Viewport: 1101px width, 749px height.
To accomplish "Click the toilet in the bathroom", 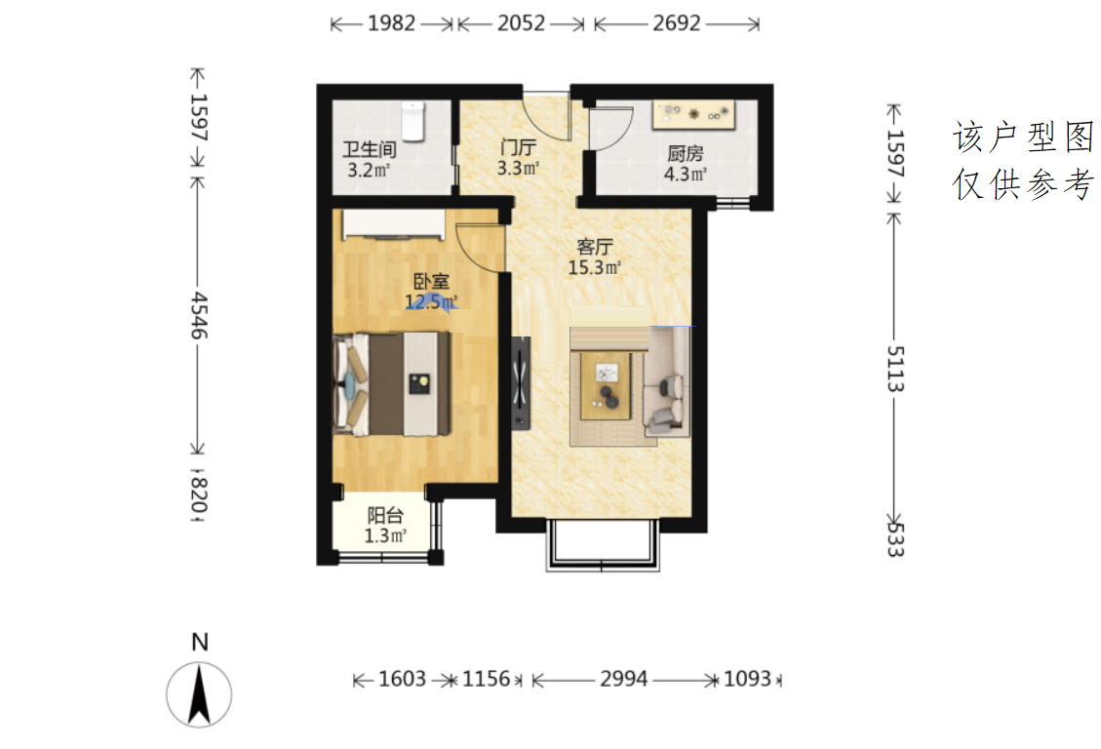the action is tap(413, 121).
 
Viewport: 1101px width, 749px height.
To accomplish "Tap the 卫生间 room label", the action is tap(370, 149).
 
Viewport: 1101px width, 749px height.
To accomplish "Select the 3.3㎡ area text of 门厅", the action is tap(518, 169).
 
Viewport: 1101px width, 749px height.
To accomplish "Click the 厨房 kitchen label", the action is tap(686, 154).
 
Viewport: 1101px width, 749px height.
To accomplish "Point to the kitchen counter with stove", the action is tap(693, 114).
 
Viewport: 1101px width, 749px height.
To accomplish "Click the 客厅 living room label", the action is tap(594, 247).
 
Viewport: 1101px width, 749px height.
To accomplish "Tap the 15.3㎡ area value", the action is tap(594, 267).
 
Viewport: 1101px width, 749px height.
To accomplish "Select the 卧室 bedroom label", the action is tap(430, 282).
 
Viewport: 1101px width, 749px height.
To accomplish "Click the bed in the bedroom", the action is tap(392, 384).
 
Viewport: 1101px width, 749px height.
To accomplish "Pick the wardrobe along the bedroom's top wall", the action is tap(394, 224).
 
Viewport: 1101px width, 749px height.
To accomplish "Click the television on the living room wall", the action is tap(521, 382).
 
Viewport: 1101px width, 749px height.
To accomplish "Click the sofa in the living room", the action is tap(666, 382).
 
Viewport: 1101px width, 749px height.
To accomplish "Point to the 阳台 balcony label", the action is tap(385, 516).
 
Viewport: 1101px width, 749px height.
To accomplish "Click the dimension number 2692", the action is tap(676, 23).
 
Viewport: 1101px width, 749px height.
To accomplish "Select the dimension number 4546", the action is tap(199, 316).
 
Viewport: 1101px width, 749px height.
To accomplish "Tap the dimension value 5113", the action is tap(895, 368).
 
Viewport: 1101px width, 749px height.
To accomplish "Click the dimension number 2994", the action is tap(623, 679).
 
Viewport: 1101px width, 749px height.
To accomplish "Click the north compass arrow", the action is tap(199, 694).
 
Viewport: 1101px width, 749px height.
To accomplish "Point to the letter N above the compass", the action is tap(200, 642).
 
